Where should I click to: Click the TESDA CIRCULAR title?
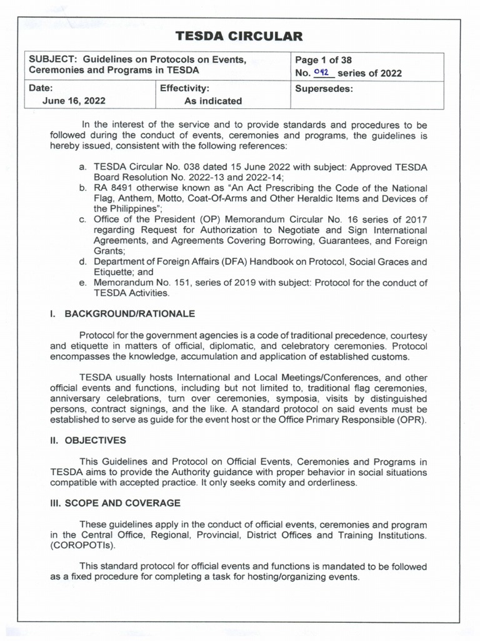(x=239, y=36)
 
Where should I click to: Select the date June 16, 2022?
(x=74, y=101)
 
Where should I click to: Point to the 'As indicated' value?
(x=213, y=101)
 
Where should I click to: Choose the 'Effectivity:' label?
(x=184, y=89)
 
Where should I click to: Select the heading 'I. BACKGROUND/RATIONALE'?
(x=122, y=314)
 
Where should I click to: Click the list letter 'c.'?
(x=82, y=220)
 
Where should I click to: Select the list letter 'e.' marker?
(x=82, y=283)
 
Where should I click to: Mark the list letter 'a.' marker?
(x=82, y=167)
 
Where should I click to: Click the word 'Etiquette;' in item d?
(x=114, y=272)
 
